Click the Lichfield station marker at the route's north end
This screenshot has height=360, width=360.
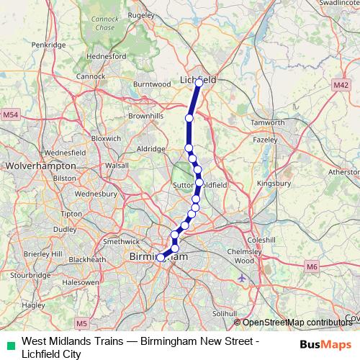199,83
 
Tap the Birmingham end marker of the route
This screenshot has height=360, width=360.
161,257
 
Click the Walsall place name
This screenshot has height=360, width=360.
116,165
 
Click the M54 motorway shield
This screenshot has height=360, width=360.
10,114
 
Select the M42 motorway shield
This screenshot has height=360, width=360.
341,85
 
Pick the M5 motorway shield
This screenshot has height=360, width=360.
81,323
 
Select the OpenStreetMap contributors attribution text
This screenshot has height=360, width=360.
296,323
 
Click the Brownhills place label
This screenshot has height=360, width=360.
146,115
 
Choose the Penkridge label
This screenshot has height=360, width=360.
48,45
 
